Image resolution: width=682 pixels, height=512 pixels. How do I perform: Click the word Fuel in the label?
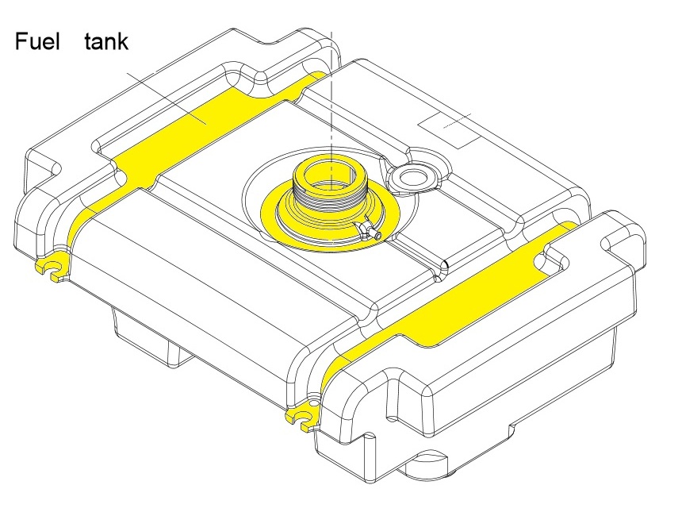click(x=37, y=41)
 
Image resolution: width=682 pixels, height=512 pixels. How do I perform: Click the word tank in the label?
click(x=105, y=41)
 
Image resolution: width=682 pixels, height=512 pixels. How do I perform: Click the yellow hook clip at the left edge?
click(x=52, y=270)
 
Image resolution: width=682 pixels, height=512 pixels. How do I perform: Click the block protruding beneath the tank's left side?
click(x=151, y=337)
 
